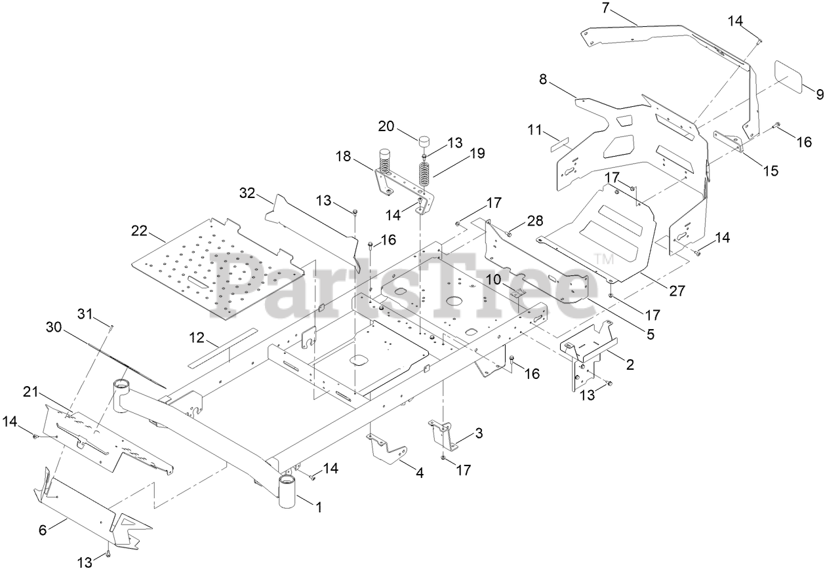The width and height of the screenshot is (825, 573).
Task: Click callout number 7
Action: (605, 8)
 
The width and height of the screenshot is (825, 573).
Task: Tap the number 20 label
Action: (386, 126)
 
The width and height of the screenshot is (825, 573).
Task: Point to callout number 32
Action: (247, 192)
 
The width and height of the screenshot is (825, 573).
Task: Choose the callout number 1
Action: (319, 507)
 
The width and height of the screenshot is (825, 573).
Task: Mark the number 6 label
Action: (43, 531)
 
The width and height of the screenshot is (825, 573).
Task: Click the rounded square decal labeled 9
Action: (791, 77)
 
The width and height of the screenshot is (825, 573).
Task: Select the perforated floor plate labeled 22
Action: (216, 266)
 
